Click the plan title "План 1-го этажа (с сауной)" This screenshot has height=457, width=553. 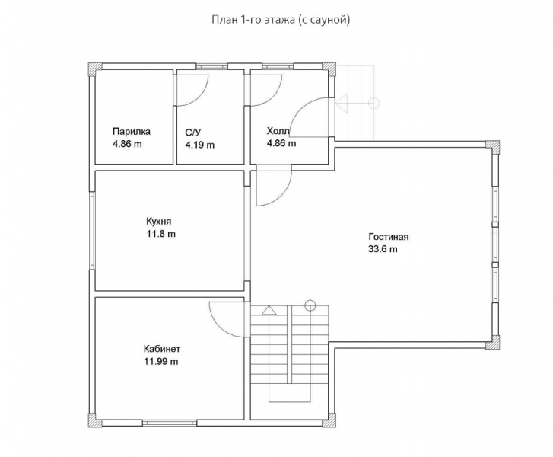281,20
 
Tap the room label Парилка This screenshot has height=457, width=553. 132,132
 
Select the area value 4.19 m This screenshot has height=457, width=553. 200,145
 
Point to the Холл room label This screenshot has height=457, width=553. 278,131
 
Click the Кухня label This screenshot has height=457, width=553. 159,222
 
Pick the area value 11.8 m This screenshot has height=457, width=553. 160,234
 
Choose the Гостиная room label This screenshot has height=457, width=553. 388,237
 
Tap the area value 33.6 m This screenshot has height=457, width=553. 383,249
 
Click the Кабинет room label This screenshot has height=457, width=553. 162,349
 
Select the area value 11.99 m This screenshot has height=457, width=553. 160,362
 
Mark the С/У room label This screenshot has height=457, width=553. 193,133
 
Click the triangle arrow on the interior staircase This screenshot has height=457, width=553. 269,310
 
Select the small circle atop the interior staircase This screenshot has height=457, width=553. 310,305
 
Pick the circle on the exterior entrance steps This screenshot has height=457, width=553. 373,103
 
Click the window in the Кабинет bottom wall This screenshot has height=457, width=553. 170,423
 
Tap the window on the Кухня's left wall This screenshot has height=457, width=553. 92,231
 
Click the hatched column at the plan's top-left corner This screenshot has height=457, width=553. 95,69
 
